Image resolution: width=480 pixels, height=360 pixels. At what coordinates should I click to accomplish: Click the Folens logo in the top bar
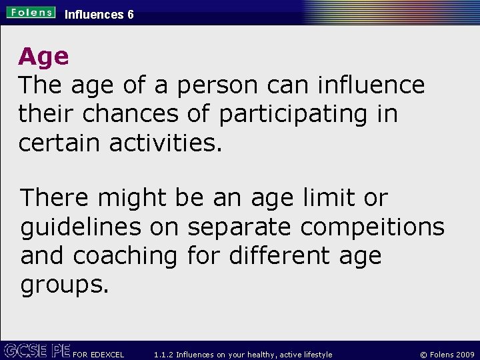31,13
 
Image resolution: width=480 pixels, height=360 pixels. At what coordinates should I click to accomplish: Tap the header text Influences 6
99,14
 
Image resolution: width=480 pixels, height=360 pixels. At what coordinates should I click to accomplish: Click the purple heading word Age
43,57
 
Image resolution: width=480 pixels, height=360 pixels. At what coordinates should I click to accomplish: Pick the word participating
293,115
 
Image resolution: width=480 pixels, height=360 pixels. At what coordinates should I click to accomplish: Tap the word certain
56,143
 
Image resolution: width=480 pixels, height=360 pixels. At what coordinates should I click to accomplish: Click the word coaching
125,256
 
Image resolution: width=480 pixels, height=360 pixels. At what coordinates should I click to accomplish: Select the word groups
64,285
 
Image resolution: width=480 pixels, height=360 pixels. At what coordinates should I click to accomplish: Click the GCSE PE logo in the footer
36,350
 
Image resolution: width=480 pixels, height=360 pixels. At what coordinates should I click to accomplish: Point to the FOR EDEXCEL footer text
99,355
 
